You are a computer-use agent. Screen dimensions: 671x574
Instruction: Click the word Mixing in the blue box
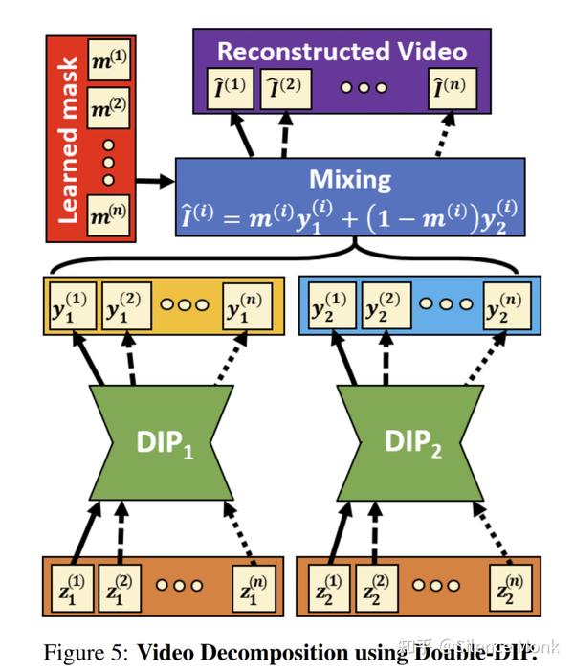click(x=350, y=179)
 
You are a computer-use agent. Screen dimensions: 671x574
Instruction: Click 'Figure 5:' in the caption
click(x=84, y=653)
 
